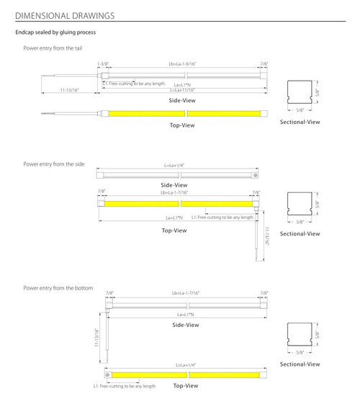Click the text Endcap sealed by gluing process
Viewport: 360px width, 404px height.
click(x=55, y=32)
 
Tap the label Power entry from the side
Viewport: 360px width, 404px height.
click(x=54, y=165)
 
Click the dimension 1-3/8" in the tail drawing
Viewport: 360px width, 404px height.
click(x=103, y=64)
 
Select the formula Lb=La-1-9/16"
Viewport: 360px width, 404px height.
click(x=181, y=64)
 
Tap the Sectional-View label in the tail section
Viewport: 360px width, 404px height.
click(x=300, y=122)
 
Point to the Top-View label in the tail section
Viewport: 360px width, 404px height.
click(x=181, y=125)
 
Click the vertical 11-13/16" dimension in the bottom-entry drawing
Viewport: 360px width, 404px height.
click(x=96, y=338)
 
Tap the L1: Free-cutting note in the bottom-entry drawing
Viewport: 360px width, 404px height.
click(x=125, y=387)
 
